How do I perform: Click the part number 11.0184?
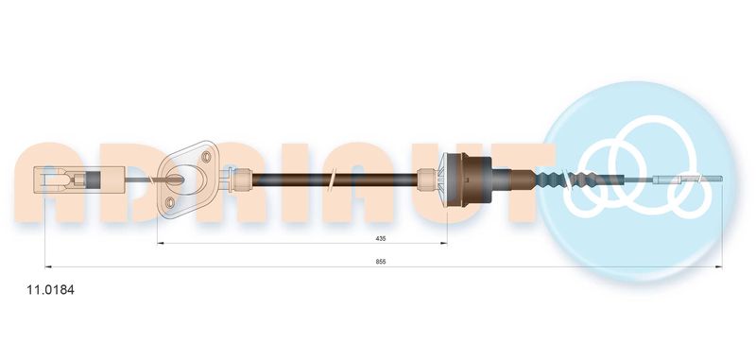(51, 290)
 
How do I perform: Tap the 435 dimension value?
(382, 238)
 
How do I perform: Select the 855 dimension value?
(381, 262)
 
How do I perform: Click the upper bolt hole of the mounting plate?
(206, 157)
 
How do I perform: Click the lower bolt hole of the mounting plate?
(170, 202)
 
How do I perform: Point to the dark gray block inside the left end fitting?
(94, 180)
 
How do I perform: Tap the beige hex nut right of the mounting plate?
(242, 180)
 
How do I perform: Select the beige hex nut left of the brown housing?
(426, 180)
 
